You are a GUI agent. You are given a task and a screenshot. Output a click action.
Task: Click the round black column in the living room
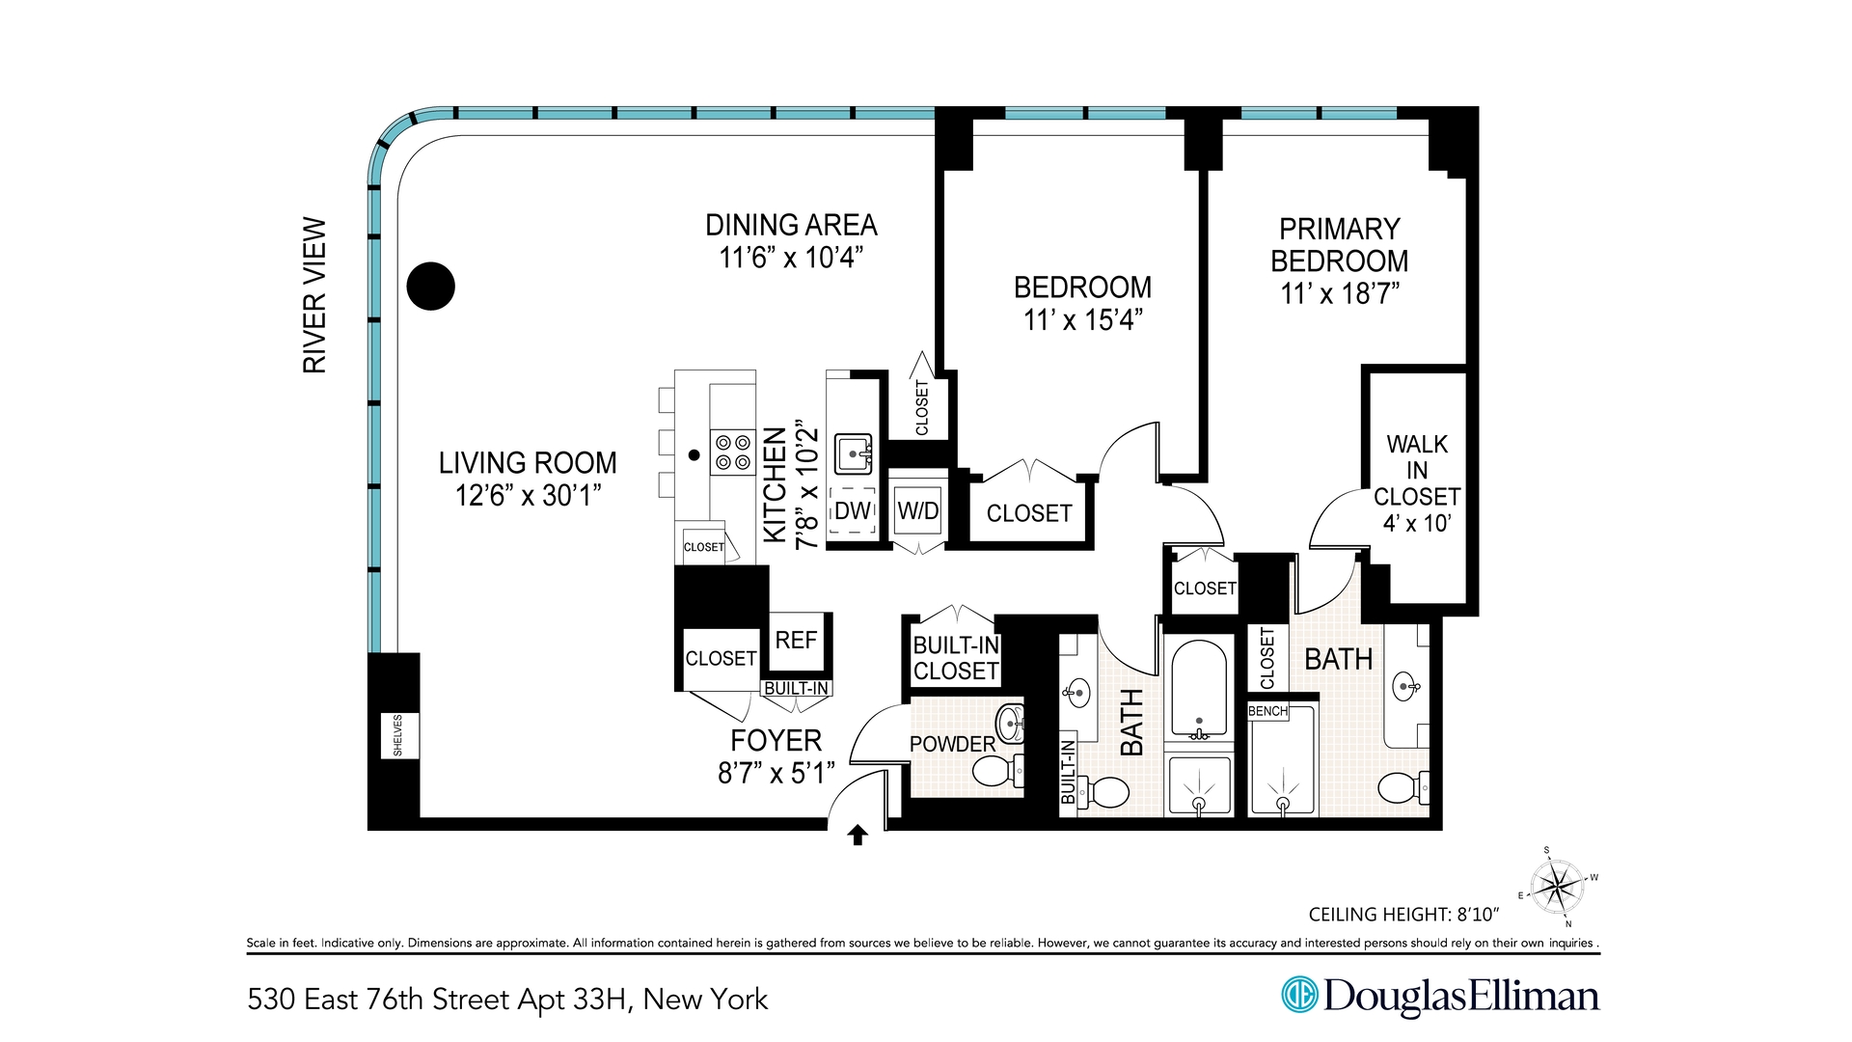(x=430, y=287)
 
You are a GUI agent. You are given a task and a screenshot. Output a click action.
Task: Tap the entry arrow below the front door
(x=858, y=836)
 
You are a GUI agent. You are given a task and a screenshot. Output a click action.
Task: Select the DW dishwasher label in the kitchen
(x=853, y=511)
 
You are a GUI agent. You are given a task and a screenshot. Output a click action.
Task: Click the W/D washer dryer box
(x=917, y=511)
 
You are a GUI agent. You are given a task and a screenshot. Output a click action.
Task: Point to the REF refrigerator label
(x=796, y=641)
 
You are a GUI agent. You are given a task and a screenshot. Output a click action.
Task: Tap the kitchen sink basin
(x=854, y=452)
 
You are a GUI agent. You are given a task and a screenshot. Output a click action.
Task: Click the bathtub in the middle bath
(x=1199, y=687)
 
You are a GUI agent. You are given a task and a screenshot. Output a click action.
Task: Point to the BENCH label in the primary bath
(x=1267, y=711)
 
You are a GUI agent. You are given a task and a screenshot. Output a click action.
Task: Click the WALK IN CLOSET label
(x=1417, y=483)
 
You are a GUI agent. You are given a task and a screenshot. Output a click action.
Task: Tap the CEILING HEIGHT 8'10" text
(x=1403, y=915)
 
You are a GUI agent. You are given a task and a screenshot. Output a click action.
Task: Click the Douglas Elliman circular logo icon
(x=1299, y=995)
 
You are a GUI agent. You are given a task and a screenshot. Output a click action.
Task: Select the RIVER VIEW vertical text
(x=315, y=295)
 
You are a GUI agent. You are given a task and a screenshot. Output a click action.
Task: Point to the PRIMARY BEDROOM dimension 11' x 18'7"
(x=1339, y=294)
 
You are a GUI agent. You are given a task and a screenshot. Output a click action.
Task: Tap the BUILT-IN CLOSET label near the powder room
(x=956, y=658)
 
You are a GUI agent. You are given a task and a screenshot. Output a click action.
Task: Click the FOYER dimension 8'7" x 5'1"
(x=776, y=774)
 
